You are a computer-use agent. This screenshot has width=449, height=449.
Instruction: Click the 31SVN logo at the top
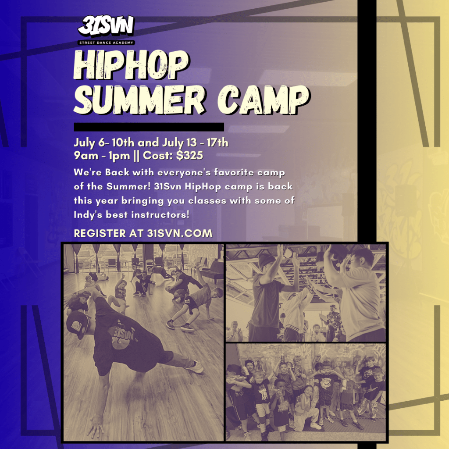coord(106,26)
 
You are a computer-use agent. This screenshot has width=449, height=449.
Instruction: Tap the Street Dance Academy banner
coord(106,43)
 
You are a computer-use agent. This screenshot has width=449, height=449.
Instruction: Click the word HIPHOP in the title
coord(131,65)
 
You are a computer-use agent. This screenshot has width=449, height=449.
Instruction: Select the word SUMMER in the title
coord(139,100)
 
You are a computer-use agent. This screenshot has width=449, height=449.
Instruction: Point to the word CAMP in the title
coord(264,100)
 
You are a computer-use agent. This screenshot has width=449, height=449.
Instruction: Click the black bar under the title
coord(149,127)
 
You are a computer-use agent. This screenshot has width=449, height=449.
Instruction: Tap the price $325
coord(189,156)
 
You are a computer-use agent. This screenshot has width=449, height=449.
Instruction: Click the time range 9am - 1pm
coord(102,156)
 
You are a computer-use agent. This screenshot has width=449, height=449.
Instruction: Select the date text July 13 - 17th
coord(195,143)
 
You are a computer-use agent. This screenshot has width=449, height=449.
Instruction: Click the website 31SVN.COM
coord(180,233)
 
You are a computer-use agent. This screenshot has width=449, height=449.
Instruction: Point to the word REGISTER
coord(100,233)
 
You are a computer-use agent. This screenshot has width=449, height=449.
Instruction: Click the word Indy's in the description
coord(88,215)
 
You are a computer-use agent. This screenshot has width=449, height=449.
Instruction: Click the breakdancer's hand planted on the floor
coord(95,428)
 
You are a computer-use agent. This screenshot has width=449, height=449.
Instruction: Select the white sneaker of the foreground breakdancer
coord(196,367)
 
